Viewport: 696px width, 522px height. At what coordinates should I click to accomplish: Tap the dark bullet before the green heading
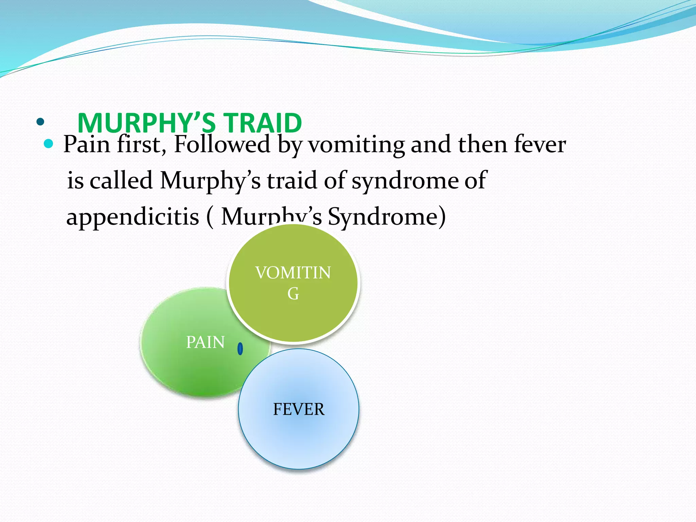(x=40, y=122)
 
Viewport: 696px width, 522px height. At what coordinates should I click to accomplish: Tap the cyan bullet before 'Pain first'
(x=49, y=144)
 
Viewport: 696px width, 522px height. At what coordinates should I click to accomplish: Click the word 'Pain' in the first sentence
(x=87, y=144)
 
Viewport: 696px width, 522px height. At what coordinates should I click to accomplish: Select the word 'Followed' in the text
(x=222, y=144)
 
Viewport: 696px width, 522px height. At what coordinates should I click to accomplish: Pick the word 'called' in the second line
(x=121, y=180)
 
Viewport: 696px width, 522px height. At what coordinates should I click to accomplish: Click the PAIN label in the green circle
(x=205, y=342)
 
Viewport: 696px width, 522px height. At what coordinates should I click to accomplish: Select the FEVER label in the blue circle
(x=299, y=409)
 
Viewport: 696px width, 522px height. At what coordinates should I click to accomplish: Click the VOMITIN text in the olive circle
(x=293, y=273)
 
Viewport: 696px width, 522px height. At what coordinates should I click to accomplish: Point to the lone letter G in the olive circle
(x=293, y=294)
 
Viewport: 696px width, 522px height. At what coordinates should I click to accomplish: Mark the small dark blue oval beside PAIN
(x=240, y=349)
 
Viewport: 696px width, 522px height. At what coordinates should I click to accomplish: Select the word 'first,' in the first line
(x=141, y=144)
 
